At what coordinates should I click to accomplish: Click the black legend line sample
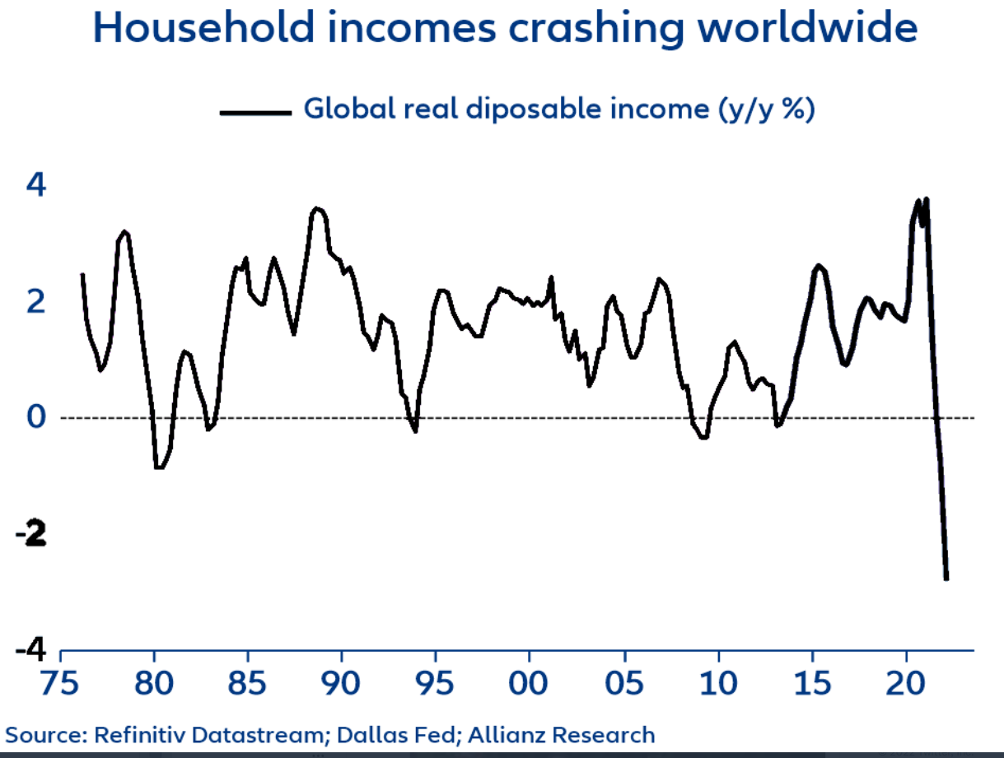coord(256,111)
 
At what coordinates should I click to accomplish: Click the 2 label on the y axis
coord(36,303)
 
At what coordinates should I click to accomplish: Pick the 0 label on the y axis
coord(36,417)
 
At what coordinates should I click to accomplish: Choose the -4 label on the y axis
coord(31,650)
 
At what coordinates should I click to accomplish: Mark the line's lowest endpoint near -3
coord(946,579)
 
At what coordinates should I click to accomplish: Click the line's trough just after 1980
coord(159,467)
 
